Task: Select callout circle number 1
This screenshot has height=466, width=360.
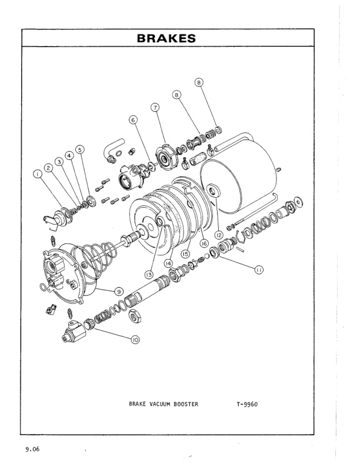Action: tap(38, 174)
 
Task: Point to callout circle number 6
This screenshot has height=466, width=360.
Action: tap(133, 119)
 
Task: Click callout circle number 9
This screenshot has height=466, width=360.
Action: tap(118, 290)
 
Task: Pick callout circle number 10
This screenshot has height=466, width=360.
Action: tap(135, 339)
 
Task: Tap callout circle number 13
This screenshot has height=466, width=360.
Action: tap(149, 275)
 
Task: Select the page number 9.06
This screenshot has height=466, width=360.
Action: tap(32, 450)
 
